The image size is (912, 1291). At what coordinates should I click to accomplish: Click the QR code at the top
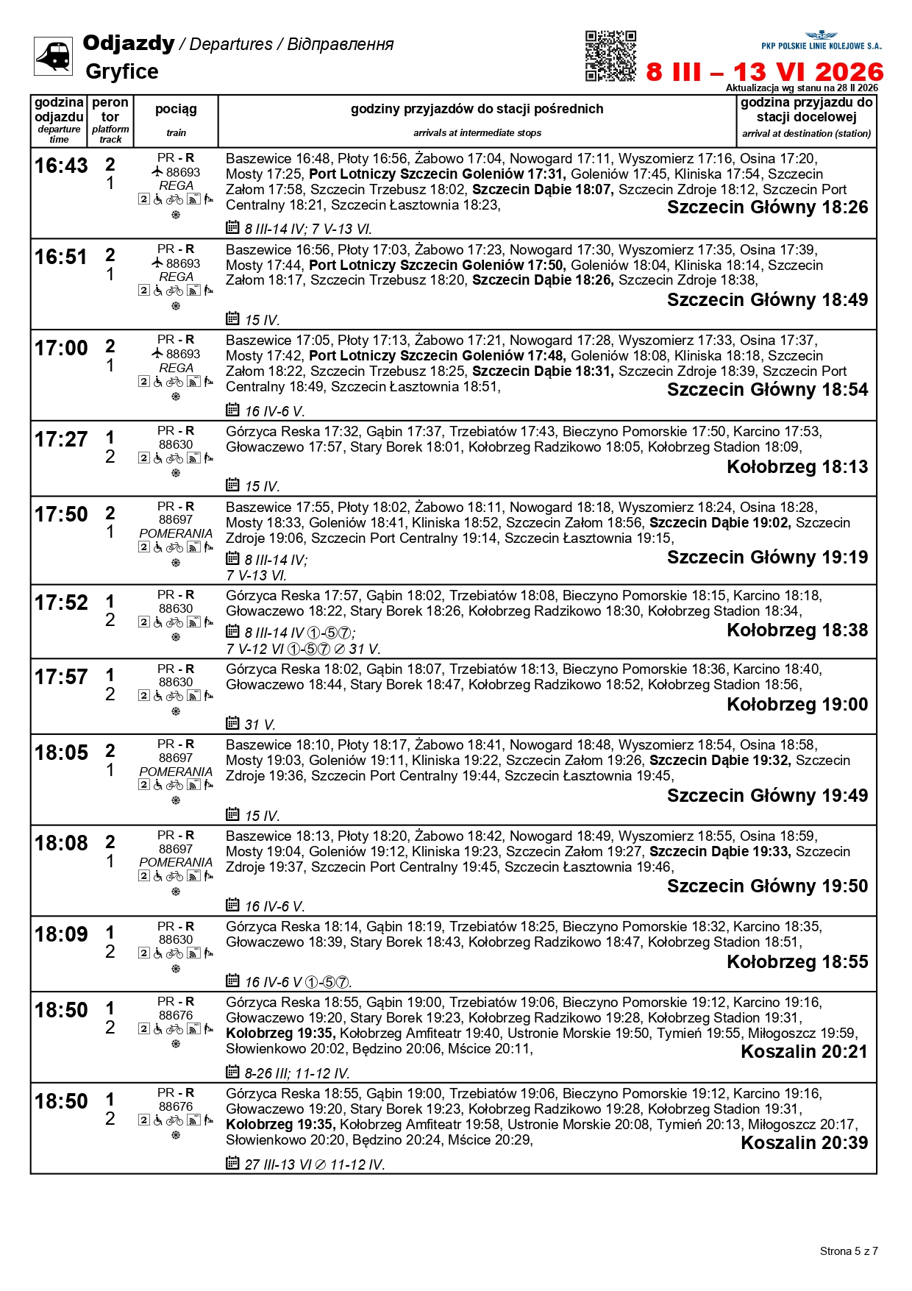[610, 56]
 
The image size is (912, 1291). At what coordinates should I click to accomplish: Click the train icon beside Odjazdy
[53, 56]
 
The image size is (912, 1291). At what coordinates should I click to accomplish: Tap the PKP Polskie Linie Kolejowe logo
[821, 41]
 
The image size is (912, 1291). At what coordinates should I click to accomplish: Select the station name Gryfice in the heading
[122, 72]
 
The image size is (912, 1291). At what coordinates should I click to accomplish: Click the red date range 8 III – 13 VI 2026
[765, 72]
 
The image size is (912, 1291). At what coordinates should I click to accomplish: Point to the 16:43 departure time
[61, 166]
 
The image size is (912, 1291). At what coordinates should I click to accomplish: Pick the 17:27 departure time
[61, 440]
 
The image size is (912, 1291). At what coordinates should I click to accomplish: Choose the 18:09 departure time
[61, 935]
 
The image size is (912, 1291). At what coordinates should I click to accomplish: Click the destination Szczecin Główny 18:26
[767, 207]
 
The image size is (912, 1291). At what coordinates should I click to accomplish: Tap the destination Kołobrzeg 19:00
[797, 705]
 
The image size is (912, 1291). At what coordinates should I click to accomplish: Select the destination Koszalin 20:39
[804, 1143]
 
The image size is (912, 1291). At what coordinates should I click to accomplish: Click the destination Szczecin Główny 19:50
[767, 886]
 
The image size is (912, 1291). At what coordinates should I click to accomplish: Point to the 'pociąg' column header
[176, 110]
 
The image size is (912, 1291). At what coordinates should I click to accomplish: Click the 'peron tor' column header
[110, 110]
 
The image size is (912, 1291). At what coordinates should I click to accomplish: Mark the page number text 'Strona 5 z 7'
[849, 1251]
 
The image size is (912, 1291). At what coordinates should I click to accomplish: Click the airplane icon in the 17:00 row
[157, 354]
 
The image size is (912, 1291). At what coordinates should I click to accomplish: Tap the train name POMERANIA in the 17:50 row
[176, 533]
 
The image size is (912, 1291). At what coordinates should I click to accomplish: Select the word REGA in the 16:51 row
[176, 277]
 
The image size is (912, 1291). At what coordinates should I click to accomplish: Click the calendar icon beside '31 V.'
[232, 723]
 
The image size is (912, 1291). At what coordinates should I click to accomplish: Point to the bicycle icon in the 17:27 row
[174, 458]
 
